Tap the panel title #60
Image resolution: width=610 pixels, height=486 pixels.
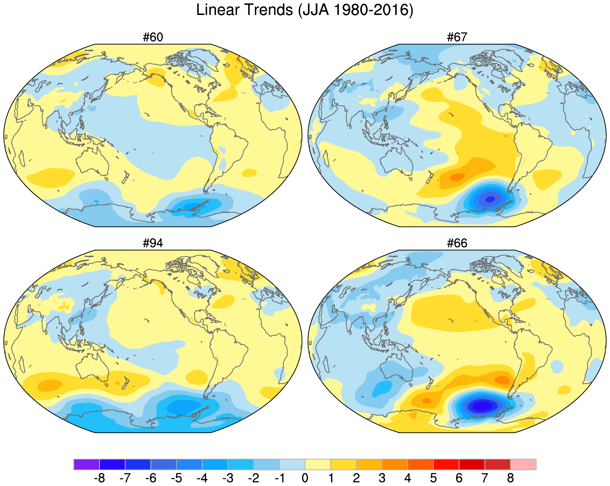[153, 38]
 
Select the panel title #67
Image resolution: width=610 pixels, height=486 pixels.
[457, 38]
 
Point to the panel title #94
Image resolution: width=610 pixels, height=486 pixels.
[153, 244]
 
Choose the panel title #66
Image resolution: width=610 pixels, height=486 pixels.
[457, 244]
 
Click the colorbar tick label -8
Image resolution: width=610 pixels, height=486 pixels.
[99, 478]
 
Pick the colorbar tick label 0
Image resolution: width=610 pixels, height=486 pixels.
[305, 478]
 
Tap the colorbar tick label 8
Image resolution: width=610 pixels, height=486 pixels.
[510, 478]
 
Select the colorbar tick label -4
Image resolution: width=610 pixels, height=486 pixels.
[202, 478]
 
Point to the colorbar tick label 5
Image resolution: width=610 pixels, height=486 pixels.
[433, 478]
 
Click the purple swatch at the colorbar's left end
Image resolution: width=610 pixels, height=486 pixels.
[86, 464]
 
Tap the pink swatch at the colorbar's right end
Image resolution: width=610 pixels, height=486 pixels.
[523, 464]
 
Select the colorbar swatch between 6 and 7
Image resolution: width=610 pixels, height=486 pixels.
[472, 464]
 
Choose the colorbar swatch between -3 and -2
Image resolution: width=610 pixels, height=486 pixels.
[241, 464]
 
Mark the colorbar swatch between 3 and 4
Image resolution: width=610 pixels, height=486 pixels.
[395, 464]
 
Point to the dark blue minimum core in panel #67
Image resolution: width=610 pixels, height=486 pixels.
[490, 199]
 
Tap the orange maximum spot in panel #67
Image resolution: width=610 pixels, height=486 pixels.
[457, 177]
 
